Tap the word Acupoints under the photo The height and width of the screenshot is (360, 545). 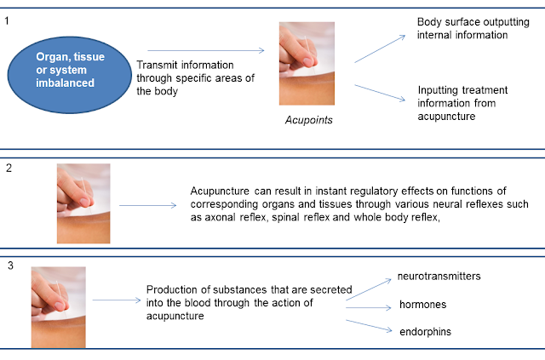coord(308,120)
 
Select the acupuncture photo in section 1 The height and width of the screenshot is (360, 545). coord(307,63)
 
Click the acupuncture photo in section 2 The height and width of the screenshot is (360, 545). coord(83,203)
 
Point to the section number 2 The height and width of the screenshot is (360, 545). coord(8,167)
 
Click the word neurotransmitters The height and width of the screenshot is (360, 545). coord(439,277)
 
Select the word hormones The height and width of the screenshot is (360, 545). coord(423,305)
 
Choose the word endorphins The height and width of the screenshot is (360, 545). coord(426,332)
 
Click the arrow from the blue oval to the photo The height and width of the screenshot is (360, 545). coord(205,51)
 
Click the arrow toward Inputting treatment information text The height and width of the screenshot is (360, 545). coord(380,93)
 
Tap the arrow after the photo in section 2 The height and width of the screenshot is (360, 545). coord(146,204)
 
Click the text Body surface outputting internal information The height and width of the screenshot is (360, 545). coord(462,28)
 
